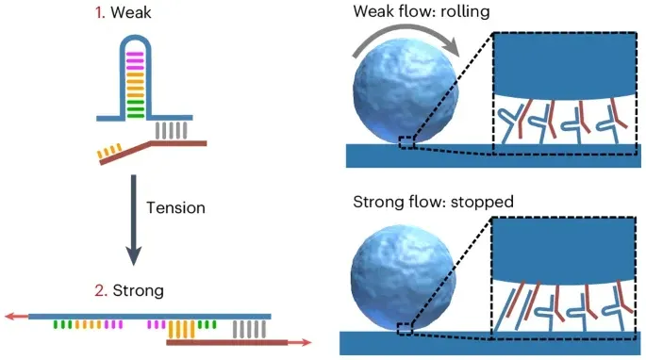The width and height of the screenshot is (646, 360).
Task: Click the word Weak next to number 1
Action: [x=130, y=13]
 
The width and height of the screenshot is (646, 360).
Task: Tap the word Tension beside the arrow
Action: [x=176, y=208]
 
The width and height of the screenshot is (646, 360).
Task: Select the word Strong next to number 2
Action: [x=139, y=291]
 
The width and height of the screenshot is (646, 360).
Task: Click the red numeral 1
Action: [x=100, y=13]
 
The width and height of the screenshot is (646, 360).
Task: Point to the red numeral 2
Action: [x=101, y=291]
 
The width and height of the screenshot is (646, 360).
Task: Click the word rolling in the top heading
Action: [x=465, y=11]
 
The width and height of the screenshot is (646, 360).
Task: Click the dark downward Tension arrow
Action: [x=134, y=220]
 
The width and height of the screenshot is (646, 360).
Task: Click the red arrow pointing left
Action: [x=16, y=317]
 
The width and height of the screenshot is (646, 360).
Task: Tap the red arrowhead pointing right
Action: [x=306, y=342]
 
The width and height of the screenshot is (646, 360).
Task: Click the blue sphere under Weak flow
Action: [x=406, y=90]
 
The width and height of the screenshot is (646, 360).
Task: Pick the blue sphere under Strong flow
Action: [x=404, y=277]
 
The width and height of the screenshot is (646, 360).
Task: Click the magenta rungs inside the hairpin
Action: [x=135, y=60]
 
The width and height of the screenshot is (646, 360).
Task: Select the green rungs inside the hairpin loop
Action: [x=136, y=109]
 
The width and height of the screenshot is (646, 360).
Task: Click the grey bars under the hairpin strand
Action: [x=171, y=130]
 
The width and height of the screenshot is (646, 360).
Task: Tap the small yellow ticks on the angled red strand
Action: [x=109, y=151]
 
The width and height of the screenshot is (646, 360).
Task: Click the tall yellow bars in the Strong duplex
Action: [x=181, y=329]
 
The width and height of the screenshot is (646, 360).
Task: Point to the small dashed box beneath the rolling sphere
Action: [x=407, y=141]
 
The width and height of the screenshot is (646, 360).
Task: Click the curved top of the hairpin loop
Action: [x=135, y=38]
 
